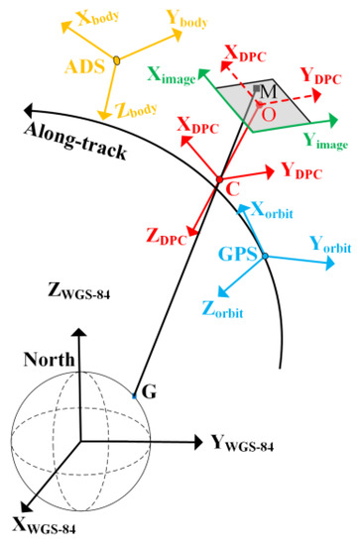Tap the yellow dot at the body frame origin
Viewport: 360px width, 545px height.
coord(117,61)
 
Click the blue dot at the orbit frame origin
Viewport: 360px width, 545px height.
coord(265,256)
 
